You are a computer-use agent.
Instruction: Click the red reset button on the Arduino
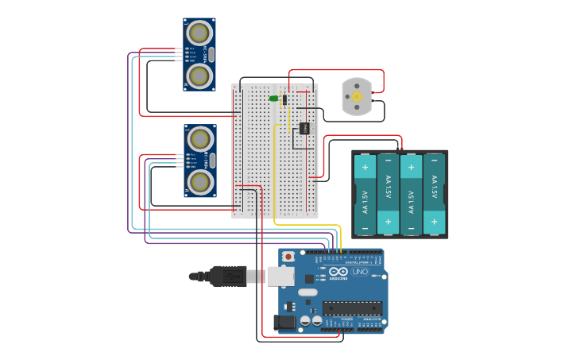[288, 257]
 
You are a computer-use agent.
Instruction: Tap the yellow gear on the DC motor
[357, 96]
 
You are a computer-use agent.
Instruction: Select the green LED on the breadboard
[273, 99]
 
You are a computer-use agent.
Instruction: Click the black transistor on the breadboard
[303, 128]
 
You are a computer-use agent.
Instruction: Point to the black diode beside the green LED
[284, 99]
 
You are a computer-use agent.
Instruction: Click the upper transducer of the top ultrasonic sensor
[199, 33]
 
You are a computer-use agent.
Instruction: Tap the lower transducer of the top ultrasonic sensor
[199, 76]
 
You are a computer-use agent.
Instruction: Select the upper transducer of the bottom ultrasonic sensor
[201, 139]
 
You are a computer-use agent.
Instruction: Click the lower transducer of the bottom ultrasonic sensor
[201, 183]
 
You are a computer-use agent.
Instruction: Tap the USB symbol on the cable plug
[233, 277]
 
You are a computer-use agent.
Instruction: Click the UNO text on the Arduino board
[360, 273]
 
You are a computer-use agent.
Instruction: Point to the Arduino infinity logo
[338, 272]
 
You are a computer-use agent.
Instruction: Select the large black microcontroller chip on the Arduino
[352, 308]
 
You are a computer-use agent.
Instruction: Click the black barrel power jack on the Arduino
[284, 322]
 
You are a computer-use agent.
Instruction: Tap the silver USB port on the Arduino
[280, 276]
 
